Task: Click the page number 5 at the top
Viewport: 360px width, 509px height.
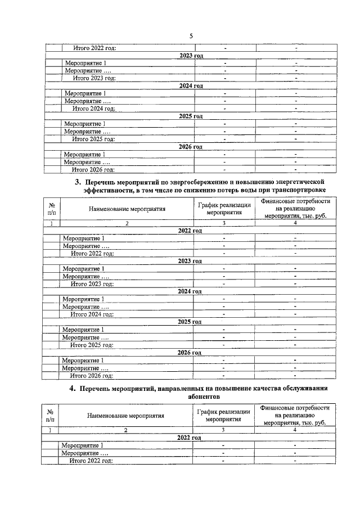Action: (x=191, y=35)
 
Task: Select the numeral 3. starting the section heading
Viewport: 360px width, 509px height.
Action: (x=79, y=183)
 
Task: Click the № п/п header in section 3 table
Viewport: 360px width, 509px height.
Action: (x=52, y=209)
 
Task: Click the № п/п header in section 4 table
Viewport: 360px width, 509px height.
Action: (x=50, y=416)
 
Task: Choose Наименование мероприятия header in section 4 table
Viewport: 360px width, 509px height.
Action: (x=125, y=416)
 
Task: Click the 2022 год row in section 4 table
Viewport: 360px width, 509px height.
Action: (x=189, y=437)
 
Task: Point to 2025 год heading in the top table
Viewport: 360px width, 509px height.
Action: (x=190, y=116)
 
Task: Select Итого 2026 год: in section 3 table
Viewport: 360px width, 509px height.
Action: (x=91, y=375)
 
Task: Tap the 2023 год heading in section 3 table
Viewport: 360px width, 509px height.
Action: (x=190, y=261)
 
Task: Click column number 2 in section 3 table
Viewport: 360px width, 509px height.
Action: (x=127, y=223)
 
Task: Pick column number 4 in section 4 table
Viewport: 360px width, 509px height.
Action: (x=295, y=430)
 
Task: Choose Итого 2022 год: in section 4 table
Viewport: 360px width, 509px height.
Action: (x=91, y=461)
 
